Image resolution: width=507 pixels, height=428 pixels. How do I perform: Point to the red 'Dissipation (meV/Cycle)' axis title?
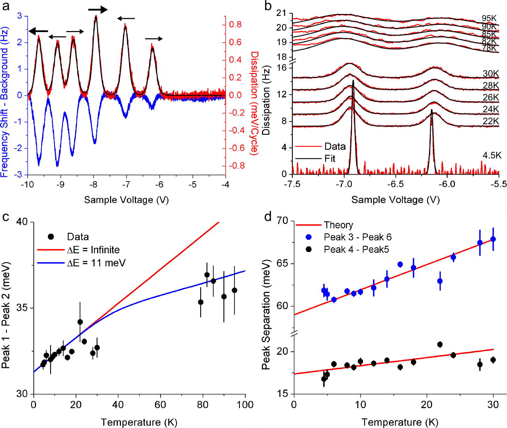254,103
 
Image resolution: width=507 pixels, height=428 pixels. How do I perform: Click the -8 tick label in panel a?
93,184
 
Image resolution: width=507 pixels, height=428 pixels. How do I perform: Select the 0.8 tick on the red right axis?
235,24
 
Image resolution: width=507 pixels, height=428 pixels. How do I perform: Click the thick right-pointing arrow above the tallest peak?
97,10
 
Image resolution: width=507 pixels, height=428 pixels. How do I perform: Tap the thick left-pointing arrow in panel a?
38,31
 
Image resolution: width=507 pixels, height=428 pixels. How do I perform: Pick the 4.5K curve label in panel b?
492,155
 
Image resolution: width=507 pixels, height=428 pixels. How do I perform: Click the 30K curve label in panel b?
491,74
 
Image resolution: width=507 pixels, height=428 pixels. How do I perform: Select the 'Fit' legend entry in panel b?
329,159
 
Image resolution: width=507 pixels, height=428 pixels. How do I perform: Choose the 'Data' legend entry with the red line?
335,147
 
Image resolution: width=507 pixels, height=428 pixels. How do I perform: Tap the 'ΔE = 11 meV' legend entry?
96,263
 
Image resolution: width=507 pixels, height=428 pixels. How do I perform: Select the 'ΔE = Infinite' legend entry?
93,250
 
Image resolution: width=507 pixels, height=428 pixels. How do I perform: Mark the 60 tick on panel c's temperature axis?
160,405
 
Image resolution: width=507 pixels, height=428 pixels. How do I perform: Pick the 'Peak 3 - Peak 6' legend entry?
357,237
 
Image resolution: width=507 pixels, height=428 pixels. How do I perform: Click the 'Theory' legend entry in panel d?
338,225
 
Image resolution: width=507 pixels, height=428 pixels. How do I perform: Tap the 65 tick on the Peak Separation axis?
283,264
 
